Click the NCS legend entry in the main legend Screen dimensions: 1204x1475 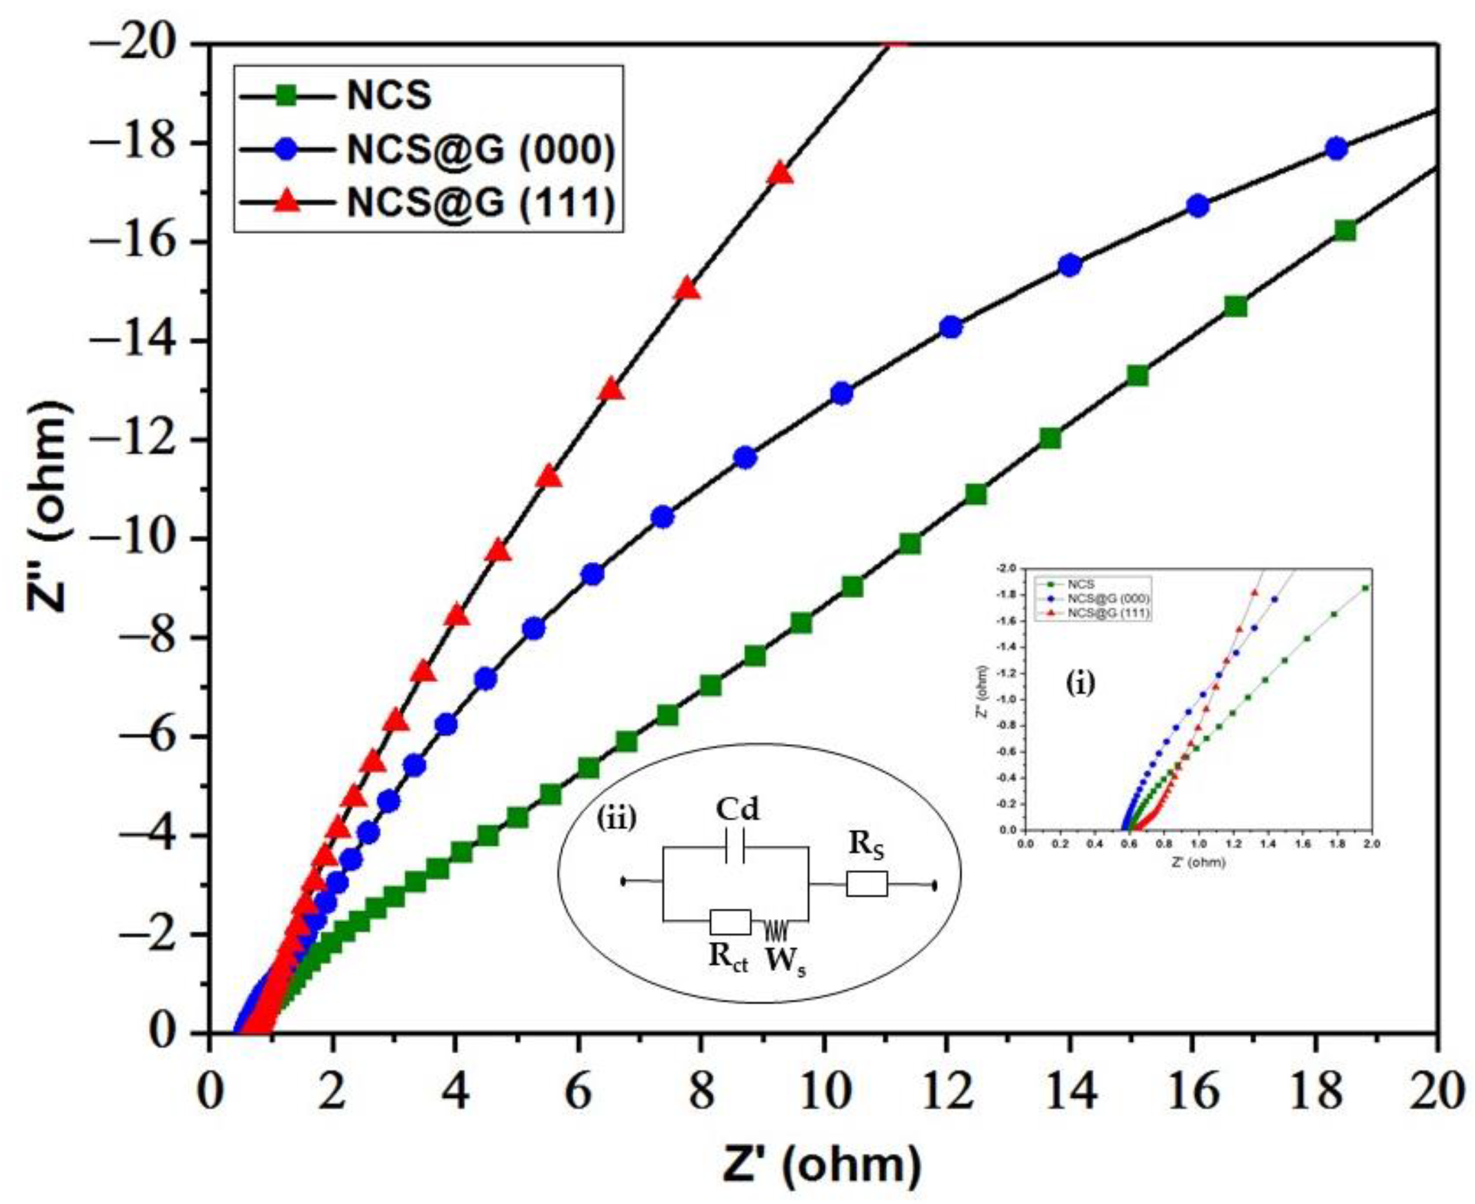[x=388, y=96]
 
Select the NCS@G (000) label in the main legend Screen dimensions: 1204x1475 [x=480, y=150]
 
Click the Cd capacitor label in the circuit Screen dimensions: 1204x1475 [x=737, y=810]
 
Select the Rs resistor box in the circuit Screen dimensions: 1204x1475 [x=866, y=883]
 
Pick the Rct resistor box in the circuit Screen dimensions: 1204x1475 [x=730, y=922]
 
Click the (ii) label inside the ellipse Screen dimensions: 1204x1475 [x=616, y=819]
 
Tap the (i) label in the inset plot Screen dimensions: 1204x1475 [x=1081, y=684]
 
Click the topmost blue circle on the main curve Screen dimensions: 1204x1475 [x=1336, y=148]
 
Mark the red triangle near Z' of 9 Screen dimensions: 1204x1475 [x=781, y=173]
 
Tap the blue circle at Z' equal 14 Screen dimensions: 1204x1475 [x=1071, y=265]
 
